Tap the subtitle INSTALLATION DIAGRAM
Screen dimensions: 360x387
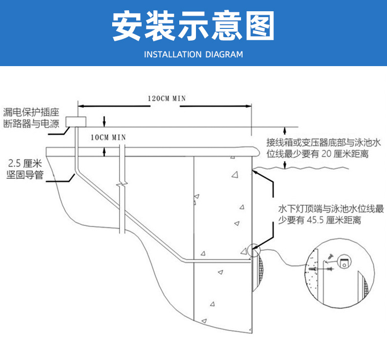193,54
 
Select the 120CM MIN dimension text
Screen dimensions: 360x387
167,98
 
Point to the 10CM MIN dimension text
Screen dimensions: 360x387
108,137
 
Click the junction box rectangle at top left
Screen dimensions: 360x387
76,121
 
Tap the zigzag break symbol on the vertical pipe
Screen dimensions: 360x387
121,187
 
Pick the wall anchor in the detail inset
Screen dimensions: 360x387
314,269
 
